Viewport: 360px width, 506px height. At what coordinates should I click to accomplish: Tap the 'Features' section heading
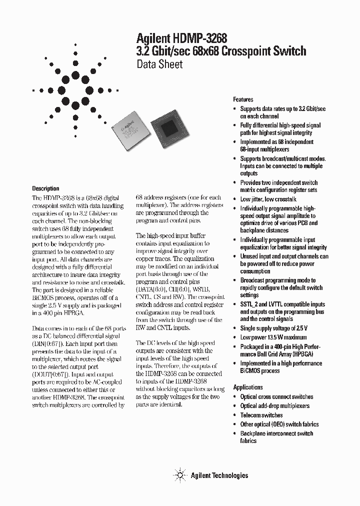pos(243,99)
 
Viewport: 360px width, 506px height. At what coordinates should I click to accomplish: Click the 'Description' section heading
pos(45,188)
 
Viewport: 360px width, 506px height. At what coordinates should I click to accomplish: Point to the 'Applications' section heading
pos(248,387)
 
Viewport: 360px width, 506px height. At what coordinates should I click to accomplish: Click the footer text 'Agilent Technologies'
pos(219,475)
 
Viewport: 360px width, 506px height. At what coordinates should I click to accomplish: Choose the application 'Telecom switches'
pos(261,415)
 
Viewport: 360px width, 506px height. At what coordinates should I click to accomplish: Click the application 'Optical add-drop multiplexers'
pos(274,406)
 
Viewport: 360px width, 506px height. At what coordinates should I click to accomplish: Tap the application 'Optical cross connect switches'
pos(276,396)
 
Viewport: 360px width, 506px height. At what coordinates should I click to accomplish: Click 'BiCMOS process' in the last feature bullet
pos(260,371)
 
